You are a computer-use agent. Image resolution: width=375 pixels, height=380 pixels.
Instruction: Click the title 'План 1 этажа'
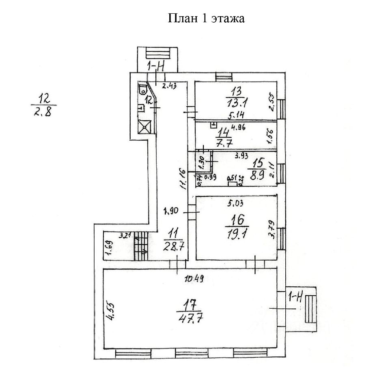coord(206,19)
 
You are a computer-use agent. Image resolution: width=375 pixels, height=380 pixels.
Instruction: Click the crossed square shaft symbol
coord(145,127)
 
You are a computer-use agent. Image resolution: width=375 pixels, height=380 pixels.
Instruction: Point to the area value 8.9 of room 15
coord(258,175)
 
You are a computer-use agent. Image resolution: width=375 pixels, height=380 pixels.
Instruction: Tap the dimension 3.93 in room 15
coord(243,154)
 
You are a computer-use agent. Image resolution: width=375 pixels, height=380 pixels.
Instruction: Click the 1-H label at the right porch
coord(295,298)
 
